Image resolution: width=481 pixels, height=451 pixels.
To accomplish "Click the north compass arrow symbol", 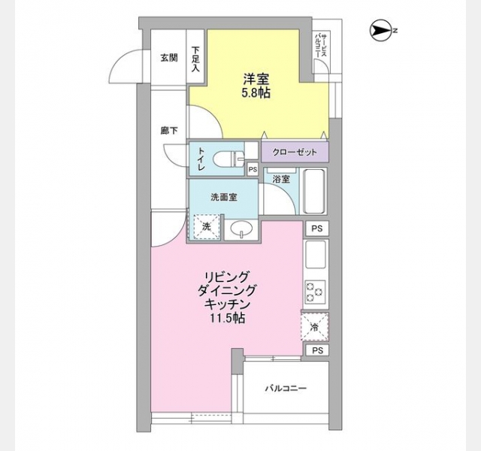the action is (x=381, y=30).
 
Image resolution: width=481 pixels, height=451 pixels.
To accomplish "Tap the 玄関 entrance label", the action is (x=169, y=58).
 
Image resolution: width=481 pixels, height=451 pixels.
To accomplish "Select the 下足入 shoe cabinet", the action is (x=195, y=56).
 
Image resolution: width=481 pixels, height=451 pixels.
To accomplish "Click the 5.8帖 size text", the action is (x=256, y=93).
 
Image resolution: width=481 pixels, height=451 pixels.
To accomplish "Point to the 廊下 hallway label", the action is (x=169, y=131).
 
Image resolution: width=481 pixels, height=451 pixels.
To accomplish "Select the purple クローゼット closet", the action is (x=295, y=152).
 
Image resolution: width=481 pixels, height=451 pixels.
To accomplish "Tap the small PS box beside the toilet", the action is (x=253, y=170).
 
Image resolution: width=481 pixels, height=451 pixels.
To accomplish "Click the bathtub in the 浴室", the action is (x=314, y=191).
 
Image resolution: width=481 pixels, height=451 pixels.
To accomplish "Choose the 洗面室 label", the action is (x=224, y=198).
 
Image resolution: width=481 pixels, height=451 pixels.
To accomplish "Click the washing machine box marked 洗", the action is (x=207, y=227).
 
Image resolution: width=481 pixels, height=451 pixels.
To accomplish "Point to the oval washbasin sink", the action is (x=242, y=229).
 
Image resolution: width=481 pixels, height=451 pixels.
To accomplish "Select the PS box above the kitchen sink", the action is (x=317, y=229).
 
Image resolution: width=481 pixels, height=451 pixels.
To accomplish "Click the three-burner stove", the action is (x=315, y=291).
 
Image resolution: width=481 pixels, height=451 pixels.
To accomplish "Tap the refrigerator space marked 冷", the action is (x=315, y=327).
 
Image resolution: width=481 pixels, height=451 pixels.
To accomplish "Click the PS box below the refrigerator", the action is (x=317, y=350).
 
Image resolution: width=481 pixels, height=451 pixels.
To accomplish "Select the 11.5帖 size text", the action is (x=227, y=318).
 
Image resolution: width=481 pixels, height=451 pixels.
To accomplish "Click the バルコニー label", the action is (x=286, y=389).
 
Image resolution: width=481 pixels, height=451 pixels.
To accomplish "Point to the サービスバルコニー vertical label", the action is (x=321, y=45).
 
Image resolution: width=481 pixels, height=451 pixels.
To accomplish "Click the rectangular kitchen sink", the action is (x=316, y=255).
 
